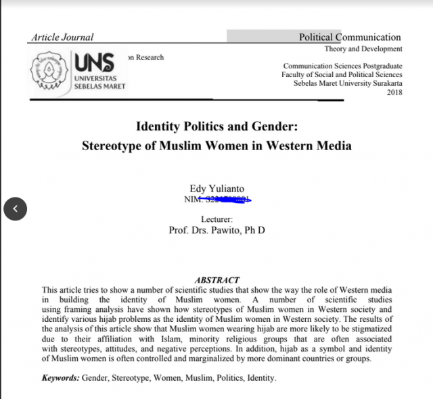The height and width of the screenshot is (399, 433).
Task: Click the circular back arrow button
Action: tap(15, 209)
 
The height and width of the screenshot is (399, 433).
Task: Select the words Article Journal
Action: tap(62, 37)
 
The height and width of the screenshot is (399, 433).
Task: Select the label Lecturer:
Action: tap(216, 219)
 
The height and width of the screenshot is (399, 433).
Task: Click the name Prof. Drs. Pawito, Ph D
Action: tap(216, 230)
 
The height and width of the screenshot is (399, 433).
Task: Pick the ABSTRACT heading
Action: tap(216, 280)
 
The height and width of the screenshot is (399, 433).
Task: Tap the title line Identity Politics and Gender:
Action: tap(216, 126)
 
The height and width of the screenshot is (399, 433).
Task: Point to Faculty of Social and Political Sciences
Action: tap(342, 74)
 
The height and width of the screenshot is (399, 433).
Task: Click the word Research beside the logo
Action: tap(149, 57)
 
